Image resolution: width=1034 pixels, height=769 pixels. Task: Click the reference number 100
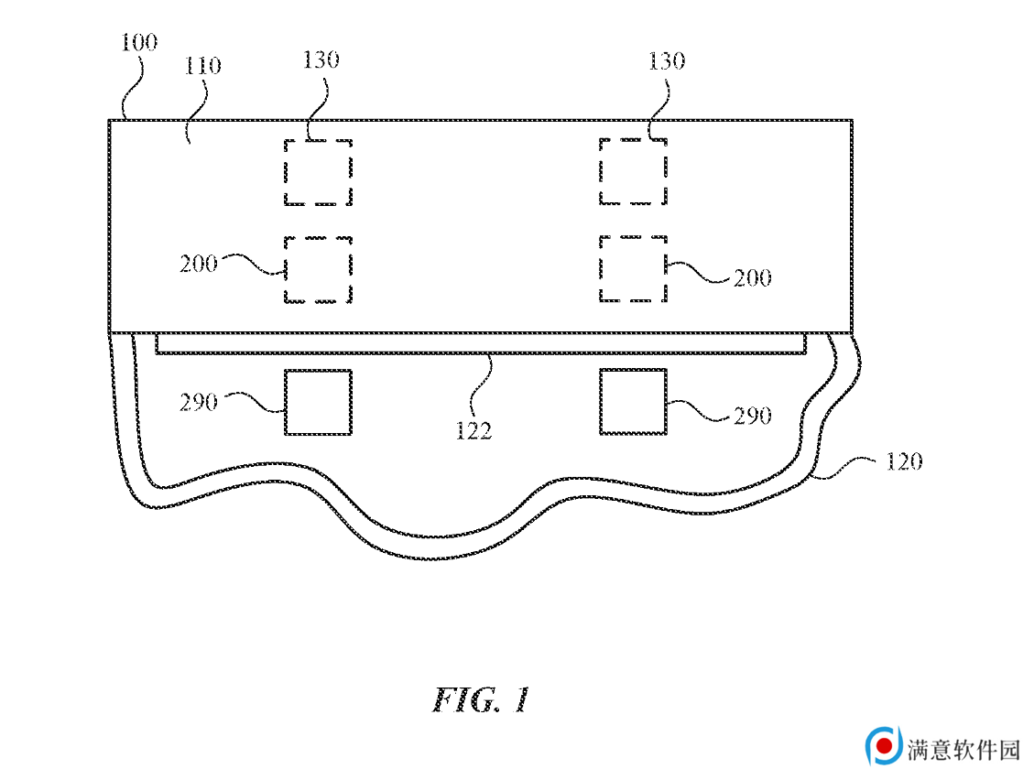coord(139,42)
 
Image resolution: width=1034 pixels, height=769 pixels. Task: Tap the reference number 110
coord(202,65)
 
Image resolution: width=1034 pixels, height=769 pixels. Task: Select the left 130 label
coord(321,60)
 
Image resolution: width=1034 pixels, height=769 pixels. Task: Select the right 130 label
coord(667,61)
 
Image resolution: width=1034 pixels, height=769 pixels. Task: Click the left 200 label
coord(199,265)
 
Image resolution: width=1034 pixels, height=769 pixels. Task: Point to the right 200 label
coord(753,278)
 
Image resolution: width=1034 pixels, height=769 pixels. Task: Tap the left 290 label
coord(199,403)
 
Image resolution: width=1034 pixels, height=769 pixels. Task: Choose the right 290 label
coord(753,417)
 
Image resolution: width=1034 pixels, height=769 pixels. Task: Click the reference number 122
coord(473,431)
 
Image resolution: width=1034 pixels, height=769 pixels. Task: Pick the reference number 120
coord(903,462)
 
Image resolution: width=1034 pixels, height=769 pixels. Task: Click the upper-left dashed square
coord(285,172)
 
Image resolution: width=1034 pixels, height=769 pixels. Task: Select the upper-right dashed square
coord(600,171)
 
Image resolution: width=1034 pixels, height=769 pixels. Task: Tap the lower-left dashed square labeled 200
coord(285,269)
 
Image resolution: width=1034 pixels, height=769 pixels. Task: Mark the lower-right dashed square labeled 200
coord(600,269)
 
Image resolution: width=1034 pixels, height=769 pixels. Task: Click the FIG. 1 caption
coord(481,699)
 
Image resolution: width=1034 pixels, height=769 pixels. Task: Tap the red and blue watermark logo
coord(884,746)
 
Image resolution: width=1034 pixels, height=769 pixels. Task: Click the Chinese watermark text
coord(963,749)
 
